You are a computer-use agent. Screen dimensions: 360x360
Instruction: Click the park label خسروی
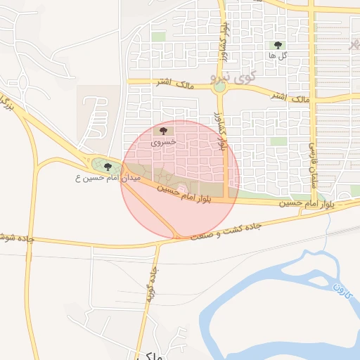163,141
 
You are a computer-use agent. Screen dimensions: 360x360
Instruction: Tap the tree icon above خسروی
164,131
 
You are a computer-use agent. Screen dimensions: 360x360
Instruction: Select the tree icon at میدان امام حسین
108,167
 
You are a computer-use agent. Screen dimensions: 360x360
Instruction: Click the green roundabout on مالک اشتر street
220,88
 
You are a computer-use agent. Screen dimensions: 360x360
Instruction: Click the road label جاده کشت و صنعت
226,231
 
